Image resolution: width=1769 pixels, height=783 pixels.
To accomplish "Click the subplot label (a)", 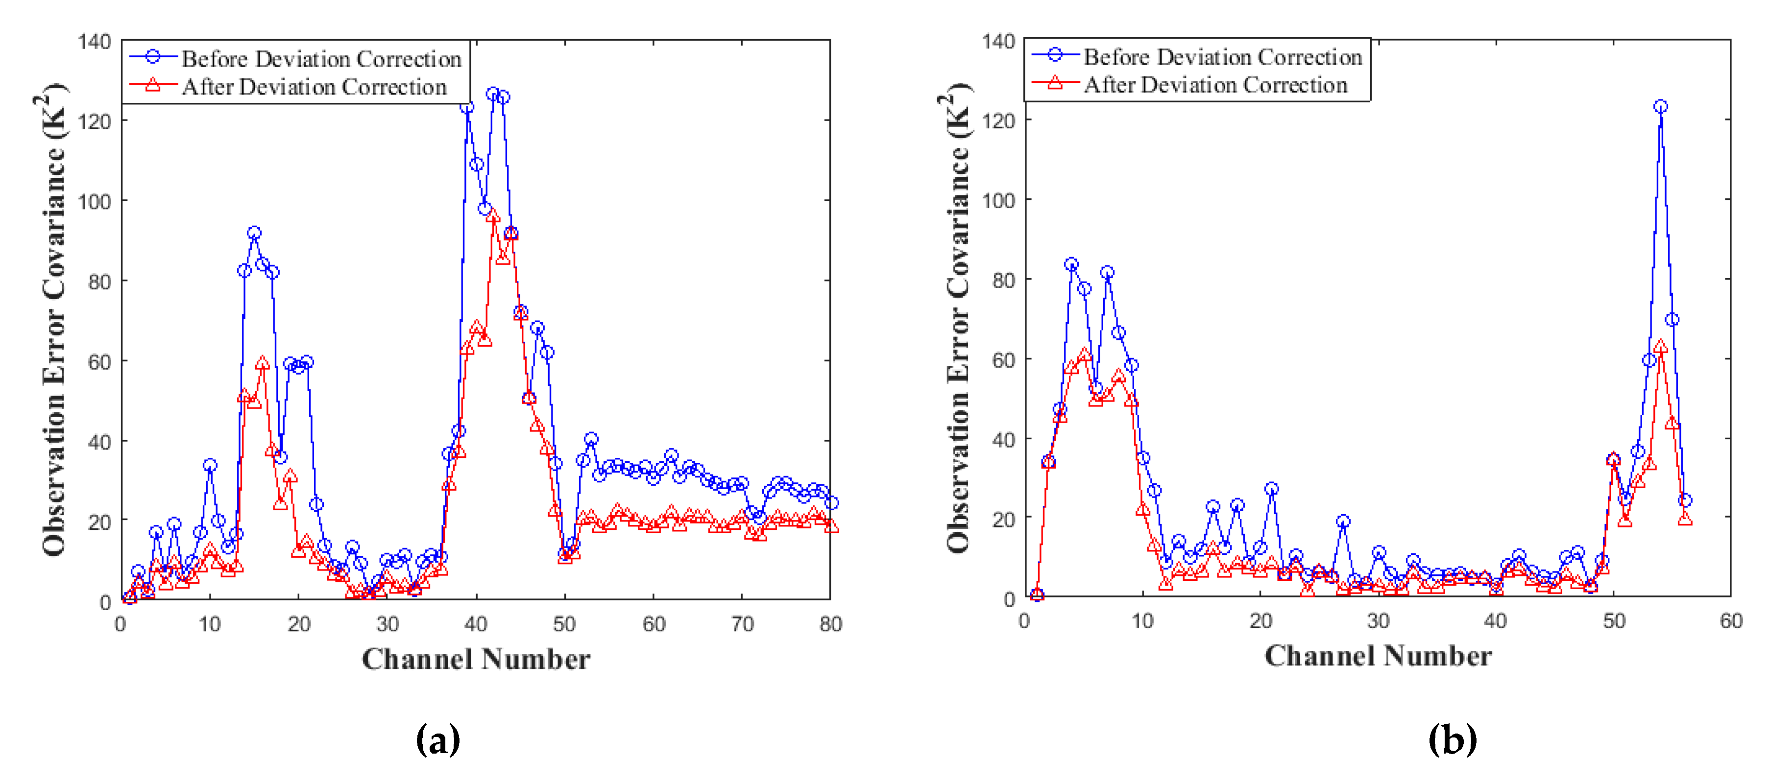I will click(x=437, y=740).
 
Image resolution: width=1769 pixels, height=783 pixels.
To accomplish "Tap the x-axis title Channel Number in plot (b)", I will click(x=1378, y=656).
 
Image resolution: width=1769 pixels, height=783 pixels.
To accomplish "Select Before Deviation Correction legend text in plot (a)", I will click(x=321, y=59).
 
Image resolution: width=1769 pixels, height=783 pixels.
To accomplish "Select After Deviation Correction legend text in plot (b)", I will click(x=1215, y=85).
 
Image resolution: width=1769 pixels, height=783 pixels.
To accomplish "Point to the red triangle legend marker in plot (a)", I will click(x=153, y=86).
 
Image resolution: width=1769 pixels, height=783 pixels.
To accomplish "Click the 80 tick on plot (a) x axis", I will click(x=830, y=624).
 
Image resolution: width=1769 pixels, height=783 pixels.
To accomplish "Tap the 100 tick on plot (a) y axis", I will click(x=94, y=202).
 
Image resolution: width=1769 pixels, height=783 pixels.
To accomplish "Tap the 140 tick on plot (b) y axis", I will click(x=998, y=42).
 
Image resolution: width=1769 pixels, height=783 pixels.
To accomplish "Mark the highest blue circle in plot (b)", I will click(x=1661, y=106).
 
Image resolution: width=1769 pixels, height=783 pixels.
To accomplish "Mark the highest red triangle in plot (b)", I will click(x=1661, y=347).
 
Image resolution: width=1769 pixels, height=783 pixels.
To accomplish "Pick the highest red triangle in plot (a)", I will click(x=493, y=215).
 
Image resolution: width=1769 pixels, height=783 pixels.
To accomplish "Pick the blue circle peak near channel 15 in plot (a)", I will click(x=254, y=233).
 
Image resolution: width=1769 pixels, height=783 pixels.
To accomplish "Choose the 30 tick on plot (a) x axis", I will click(x=388, y=624).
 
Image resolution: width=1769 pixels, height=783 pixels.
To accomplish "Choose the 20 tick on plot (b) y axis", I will click(x=1003, y=520).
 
